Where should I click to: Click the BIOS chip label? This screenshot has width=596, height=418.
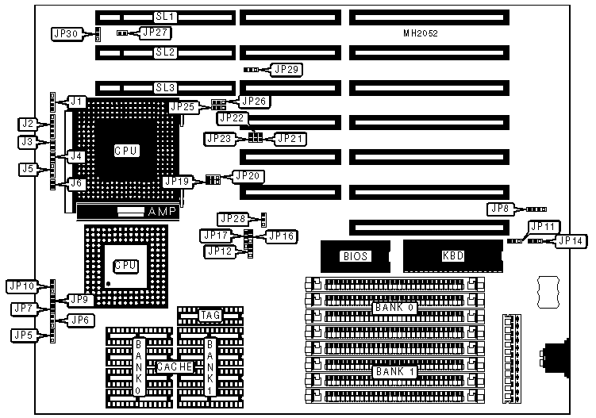pyautogui.click(x=354, y=256)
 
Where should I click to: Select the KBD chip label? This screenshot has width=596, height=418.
pyautogui.click(x=453, y=256)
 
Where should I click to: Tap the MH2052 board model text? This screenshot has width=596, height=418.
pyautogui.click(x=421, y=34)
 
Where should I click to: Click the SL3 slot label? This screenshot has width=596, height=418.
pyautogui.click(x=165, y=87)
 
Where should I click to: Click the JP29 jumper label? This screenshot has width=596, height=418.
pyautogui.click(x=286, y=70)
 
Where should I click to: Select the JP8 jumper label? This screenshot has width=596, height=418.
pyautogui.click(x=501, y=209)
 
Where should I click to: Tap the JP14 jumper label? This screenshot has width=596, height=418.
pyautogui.click(x=571, y=240)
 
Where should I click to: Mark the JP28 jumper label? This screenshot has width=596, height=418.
pyautogui.click(x=233, y=218)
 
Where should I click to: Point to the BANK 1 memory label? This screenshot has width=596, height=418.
pyautogui.click(x=393, y=371)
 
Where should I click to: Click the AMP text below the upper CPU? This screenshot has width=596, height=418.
pyautogui.click(x=163, y=212)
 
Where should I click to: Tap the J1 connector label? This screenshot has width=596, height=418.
pyautogui.click(x=76, y=102)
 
